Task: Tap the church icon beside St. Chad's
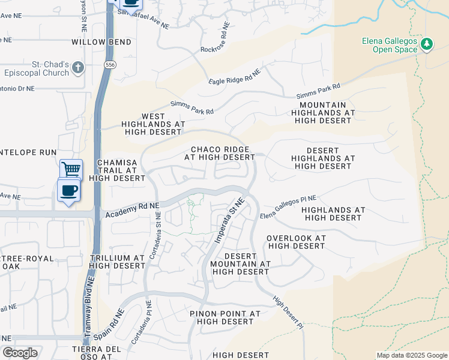pos(77,68)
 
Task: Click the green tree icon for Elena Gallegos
pos(427,44)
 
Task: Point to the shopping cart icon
pos(71,170)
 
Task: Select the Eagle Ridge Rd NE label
pos(234,77)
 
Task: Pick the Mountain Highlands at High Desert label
pos(323,113)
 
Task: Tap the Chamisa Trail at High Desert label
pos(117,170)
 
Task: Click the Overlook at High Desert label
pos(297,242)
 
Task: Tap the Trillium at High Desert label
pos(118,262)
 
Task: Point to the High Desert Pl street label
pos(289,310)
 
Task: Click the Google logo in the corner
pos(20,353)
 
